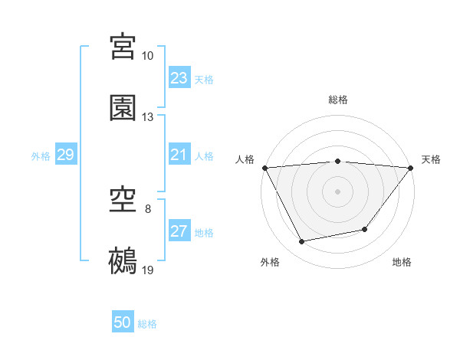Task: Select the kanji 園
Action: click(123, 108)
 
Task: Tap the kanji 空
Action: click(123, 201)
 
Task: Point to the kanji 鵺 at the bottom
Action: click(123, 261)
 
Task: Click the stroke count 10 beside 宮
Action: click(148, 56)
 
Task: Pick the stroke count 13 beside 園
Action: click(148, 117)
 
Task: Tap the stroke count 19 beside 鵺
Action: click(148, 270)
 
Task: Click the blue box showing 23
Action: click(179, 78)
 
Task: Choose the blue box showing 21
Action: click(179, 155)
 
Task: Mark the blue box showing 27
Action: click(179, 231)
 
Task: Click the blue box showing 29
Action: click(65, 155)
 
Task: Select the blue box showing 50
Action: click(123, 322)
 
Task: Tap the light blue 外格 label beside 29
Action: click(41, 155)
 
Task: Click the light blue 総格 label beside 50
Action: click(147, 324)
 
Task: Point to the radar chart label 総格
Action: click(338, 100)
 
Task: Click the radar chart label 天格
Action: click(432, 159)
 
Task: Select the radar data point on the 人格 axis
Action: click(265, 168)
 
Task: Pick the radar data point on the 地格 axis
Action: click(365, 229)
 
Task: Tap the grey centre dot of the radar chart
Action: click(338, 191)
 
